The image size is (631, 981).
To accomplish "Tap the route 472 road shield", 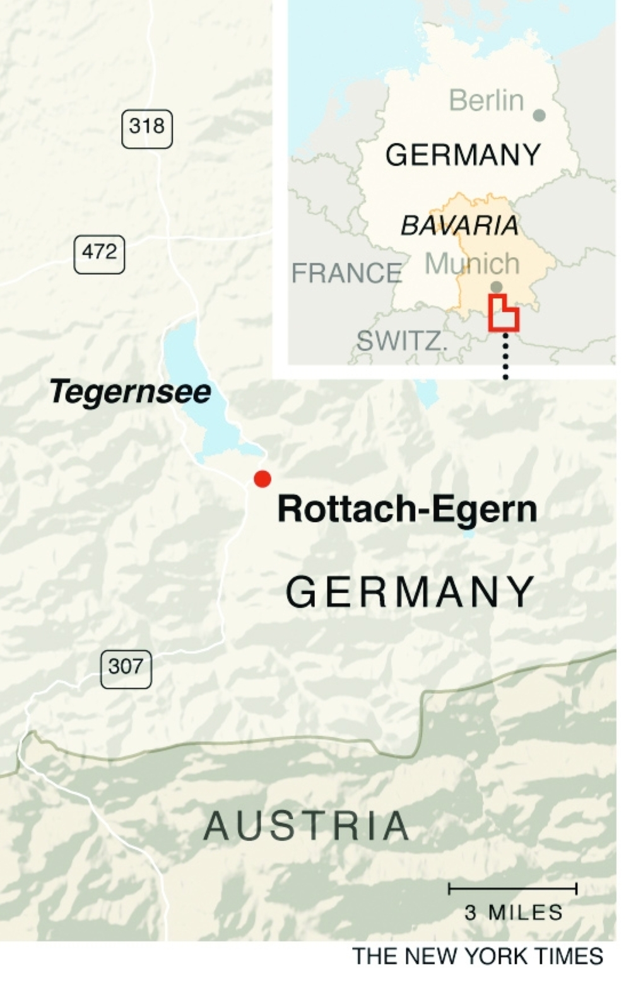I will pyautogui.click(x=99, y=253).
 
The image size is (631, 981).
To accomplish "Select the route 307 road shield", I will pyautogui.click(x=126, y=668).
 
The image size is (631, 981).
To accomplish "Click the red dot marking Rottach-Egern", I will pyautogui.click(x=262, y=479).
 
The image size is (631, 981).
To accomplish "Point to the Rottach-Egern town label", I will pyautogui.click(x=407, y=509).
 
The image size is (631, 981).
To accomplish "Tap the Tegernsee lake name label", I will pyautogui.click(x=130, y=392).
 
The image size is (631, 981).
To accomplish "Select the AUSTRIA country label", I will pyautogui.click(x=307, y=826).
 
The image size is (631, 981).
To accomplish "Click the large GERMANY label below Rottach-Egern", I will pyautogui.click(x=411, y=593).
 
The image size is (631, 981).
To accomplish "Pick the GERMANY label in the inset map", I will pyautogui.click(x=463, y=155).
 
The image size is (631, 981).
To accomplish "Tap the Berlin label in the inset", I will pyautogui.click(x=487, y=101).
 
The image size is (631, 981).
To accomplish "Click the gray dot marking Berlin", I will pyautogui.click(x=539, y=115).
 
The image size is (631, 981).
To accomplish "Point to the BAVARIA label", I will pyautogui.click(x=459, y=226).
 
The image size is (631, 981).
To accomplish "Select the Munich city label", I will pyautogui.click(x=472, y=264).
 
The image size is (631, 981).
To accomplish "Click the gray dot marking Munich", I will pyautogui.click(x=497, y=287).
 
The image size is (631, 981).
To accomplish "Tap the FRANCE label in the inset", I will pyautogui.click(x=346, y=274).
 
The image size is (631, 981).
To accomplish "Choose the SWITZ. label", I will pyautogui.click(x=402, y=342).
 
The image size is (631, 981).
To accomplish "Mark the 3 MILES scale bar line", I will pyautogui.click(x=512, y=890).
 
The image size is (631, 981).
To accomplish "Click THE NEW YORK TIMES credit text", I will pyautogui.click(x=478, y=956).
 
